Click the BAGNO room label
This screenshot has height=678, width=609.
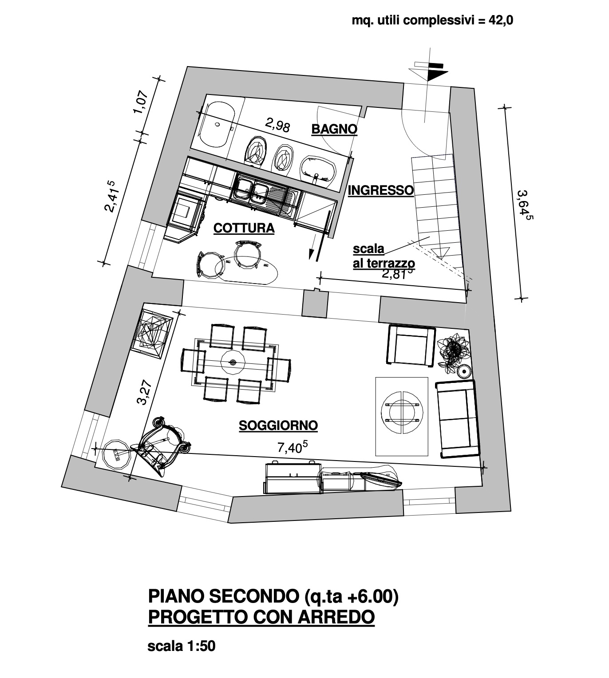click(334, 129)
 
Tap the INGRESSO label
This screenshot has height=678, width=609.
click(381, 190)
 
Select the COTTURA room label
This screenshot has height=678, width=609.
click(244, 229)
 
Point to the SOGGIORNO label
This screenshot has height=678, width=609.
click(278, 426)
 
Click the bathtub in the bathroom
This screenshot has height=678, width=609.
click(217, 126)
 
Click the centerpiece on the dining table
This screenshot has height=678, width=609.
click(233, 362)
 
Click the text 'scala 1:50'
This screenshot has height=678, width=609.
click(181, 646)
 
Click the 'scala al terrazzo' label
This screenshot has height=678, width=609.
click(384, 256)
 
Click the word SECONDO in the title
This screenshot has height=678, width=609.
click(254, 596)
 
